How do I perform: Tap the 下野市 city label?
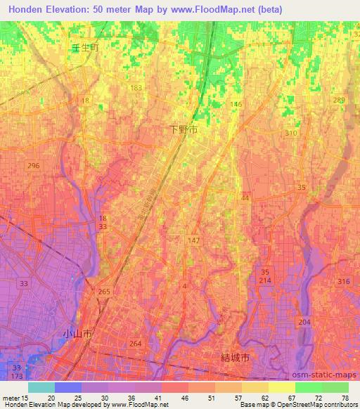[185, 130]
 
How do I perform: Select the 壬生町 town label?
[82, 48]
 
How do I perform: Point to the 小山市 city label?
[77, 335]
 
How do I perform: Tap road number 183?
[136, 88]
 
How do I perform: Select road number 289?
[339, 100]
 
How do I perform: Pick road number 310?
[291, 134]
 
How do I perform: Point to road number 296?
[32, 166]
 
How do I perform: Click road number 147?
[194, 241]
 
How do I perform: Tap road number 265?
[105, 292]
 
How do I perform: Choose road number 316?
[343, 282]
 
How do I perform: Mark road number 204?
[304, 323]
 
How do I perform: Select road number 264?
[136, 344]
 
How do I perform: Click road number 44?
[245, 200]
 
